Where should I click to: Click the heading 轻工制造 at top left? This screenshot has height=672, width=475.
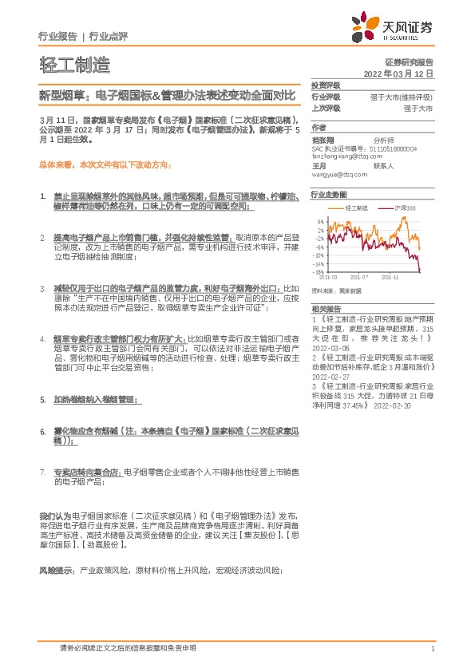click(x=74, y=65)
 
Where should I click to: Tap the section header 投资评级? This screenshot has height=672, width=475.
click(x=326, y=85)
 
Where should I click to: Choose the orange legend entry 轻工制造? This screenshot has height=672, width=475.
click(x=351, y=207)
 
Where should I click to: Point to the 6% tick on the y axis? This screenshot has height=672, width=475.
click(x=320, y=221)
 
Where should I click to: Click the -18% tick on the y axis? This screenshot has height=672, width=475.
click(x=319, y=272)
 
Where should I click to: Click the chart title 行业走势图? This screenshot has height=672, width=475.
click(x=328, y=194)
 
